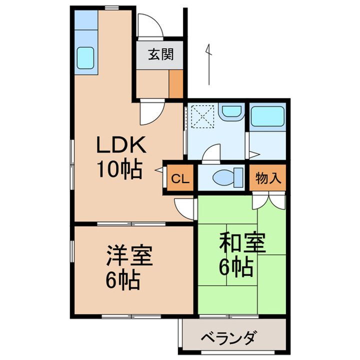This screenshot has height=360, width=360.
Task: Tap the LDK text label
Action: tap(121, 146)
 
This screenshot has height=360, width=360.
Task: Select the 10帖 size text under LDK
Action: tap(120, 170)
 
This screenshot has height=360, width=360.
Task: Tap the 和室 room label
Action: tap(242, 244)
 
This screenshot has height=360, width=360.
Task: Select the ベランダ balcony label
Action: tap(230, 338)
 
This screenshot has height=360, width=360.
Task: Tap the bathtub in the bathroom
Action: tap(268, 117)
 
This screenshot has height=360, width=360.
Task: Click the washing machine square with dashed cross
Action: tap(203, 117)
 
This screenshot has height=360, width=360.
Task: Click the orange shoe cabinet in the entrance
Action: tap(176, 83)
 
